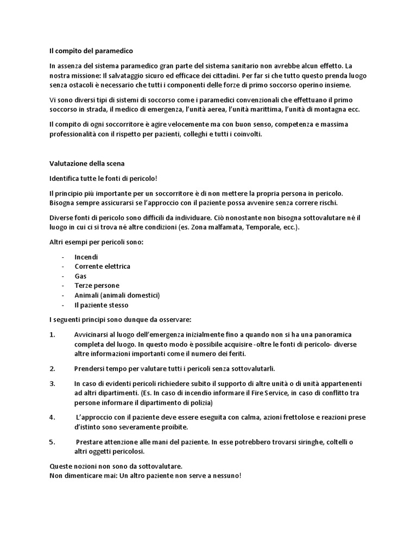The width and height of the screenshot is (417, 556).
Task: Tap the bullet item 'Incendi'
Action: tap(86, 256)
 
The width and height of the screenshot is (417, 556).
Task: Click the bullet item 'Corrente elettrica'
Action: tap(102, 266)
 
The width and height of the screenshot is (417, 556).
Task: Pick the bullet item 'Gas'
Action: tap(80, 276)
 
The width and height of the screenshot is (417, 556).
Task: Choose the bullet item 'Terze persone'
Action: tap(97, 286)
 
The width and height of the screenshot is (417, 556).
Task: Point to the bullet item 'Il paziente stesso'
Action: tap(102, 305)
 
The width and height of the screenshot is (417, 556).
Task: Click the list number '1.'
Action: tap(53, 334)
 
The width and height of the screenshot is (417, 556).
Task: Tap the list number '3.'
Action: tap(53, 383)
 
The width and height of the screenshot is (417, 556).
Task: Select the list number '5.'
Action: tap(53, 442)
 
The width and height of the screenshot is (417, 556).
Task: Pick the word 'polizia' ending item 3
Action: tap(200, 403)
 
